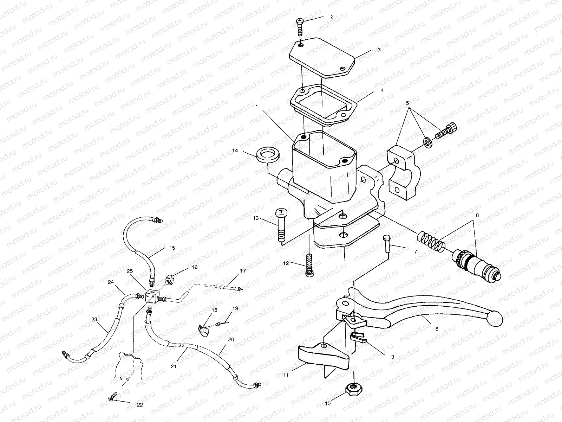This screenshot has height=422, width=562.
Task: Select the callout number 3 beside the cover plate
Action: tap(379, 50)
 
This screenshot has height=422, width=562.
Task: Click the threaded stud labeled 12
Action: tap(309, 266)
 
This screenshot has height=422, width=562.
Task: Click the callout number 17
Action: tap(242, 271)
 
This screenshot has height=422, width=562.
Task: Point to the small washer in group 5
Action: tap(428, 142)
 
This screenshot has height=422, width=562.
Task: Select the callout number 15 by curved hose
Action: tap(172, 248)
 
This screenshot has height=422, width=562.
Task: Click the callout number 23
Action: tap(94, 320)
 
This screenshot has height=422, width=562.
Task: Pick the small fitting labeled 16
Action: tap(169, 281)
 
